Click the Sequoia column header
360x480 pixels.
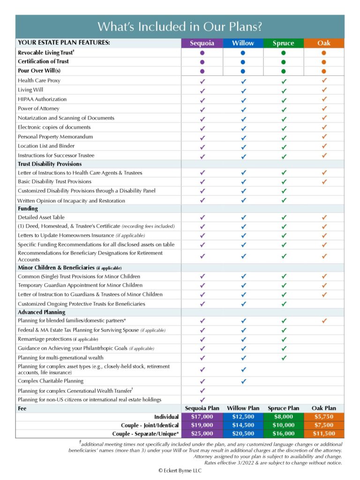point(202,43)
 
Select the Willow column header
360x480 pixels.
point(243,43)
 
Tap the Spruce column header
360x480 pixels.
point(284,43)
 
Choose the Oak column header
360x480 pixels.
point(324,43)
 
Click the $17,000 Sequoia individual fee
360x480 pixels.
point(202,417)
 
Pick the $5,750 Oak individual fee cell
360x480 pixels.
point(324,417)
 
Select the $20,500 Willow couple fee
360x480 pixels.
point(243,434)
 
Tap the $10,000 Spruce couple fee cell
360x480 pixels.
point(284,425)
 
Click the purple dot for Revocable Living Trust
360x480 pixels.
point(202,53)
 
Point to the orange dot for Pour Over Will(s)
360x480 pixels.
point(324,71)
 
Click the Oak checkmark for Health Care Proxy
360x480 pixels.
point(324,81)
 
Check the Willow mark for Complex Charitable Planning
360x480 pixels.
point(243,381)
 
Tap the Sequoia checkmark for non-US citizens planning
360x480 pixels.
point(202,399)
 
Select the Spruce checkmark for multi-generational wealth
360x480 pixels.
point(284,358)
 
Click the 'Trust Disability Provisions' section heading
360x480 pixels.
point(50,164)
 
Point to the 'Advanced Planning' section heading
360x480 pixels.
point(42,312)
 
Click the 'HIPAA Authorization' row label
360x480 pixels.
point(42,99)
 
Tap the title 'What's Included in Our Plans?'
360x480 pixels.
point(180,26)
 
